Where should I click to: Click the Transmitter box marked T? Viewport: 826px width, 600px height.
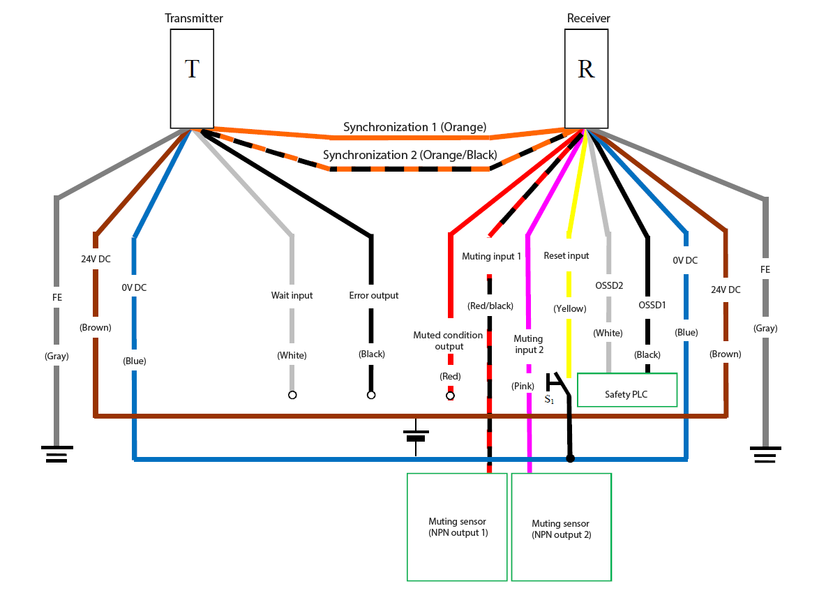coord(192,79)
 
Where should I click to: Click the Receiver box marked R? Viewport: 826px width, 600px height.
coord(586,79)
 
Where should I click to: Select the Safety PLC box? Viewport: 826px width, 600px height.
coord(627,390)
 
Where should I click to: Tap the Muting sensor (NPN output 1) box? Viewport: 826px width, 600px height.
coord(457,527)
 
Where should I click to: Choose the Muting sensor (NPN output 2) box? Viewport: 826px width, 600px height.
coord(561,527)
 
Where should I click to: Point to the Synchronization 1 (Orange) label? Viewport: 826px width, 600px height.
coord(414,127)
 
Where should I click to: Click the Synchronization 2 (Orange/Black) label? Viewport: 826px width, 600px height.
coord(410,155)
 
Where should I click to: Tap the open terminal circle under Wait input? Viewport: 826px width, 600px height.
coord(292,395)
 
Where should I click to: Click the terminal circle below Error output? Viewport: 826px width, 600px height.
coord(371,395)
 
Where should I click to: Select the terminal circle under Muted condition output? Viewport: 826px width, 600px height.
coord(450,396)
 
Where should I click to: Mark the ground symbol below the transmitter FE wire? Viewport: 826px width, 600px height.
coord(57,454)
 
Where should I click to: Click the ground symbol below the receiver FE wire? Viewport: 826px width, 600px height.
coord(765,454)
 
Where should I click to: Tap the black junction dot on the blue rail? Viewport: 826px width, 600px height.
coord(570,459)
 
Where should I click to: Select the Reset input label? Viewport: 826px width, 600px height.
coord(566,255)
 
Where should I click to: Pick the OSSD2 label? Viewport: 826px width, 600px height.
coord(609,285)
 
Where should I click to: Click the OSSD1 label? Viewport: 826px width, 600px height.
coord(652,305)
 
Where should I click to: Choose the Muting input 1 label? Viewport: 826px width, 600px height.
coord(491,257)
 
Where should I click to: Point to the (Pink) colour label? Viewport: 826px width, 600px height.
coord(523,386)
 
